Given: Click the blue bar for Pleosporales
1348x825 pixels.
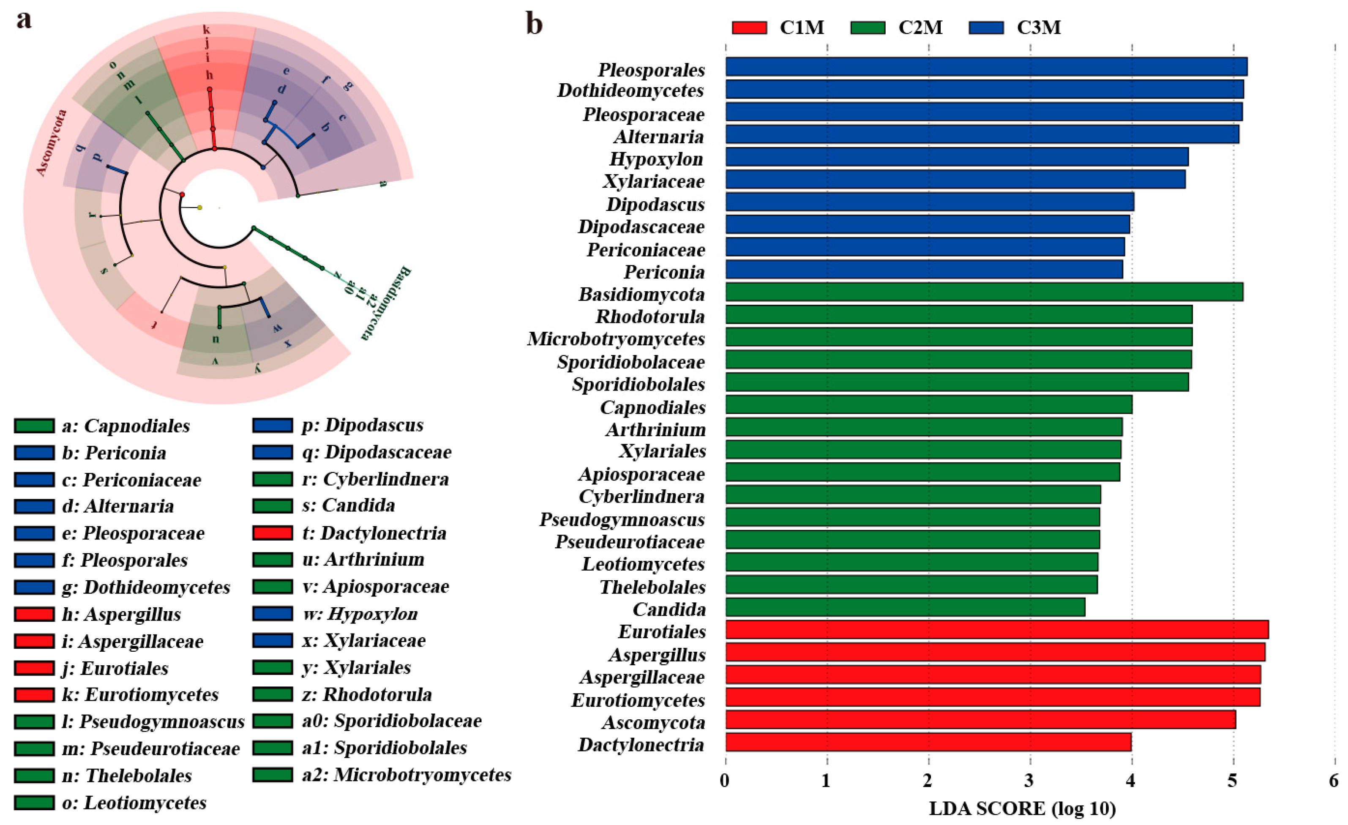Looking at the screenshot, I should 986,67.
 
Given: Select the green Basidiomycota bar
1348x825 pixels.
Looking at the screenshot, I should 984,292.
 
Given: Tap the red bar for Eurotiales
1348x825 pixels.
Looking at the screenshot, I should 997,630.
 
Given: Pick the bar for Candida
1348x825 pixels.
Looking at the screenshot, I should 905,607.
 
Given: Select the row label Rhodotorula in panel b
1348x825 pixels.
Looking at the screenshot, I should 650,316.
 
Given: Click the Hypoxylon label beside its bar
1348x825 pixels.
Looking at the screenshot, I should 656,158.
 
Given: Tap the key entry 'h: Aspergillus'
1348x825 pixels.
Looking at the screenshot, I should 121,614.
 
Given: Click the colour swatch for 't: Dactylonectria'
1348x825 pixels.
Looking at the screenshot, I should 273,532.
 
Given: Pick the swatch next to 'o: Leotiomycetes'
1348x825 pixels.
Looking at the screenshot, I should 34,803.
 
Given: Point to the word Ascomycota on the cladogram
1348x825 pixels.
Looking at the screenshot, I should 52,143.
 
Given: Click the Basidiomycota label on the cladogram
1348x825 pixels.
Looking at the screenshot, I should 386,303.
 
